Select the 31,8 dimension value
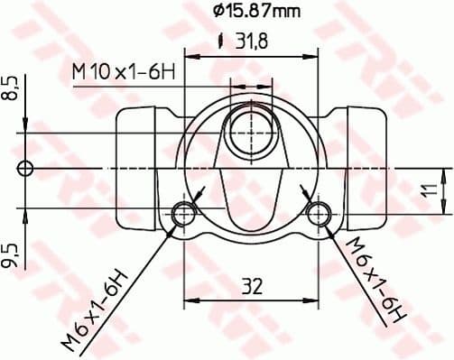(x=250, y=42)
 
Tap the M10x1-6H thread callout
(x=123, y=70)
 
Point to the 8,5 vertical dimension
(x=11, y=91)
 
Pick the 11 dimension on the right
(x=432, y=190)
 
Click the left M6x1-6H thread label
(x=97, y=307)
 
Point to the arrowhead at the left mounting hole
(x=198, y=193)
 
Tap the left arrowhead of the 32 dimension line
(x=190, y=299)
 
